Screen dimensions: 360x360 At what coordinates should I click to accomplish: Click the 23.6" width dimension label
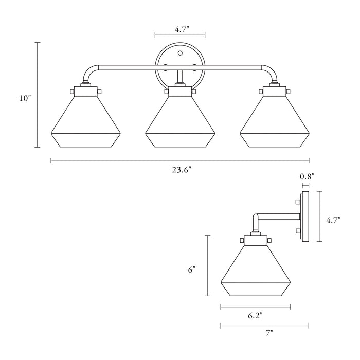point(182,172)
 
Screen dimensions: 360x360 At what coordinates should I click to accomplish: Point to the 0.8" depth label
point(307,176)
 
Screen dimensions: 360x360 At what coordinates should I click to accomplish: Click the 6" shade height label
point(193,268)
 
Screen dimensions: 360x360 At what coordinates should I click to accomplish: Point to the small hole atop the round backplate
point(179,52)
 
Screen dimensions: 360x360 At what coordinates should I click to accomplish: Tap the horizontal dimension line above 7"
point(264,325)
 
